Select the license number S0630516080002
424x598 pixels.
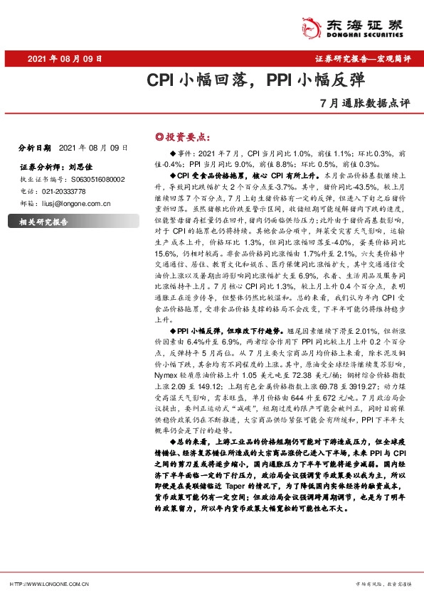pos(96,180)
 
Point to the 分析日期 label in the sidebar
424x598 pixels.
pos(34,148)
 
